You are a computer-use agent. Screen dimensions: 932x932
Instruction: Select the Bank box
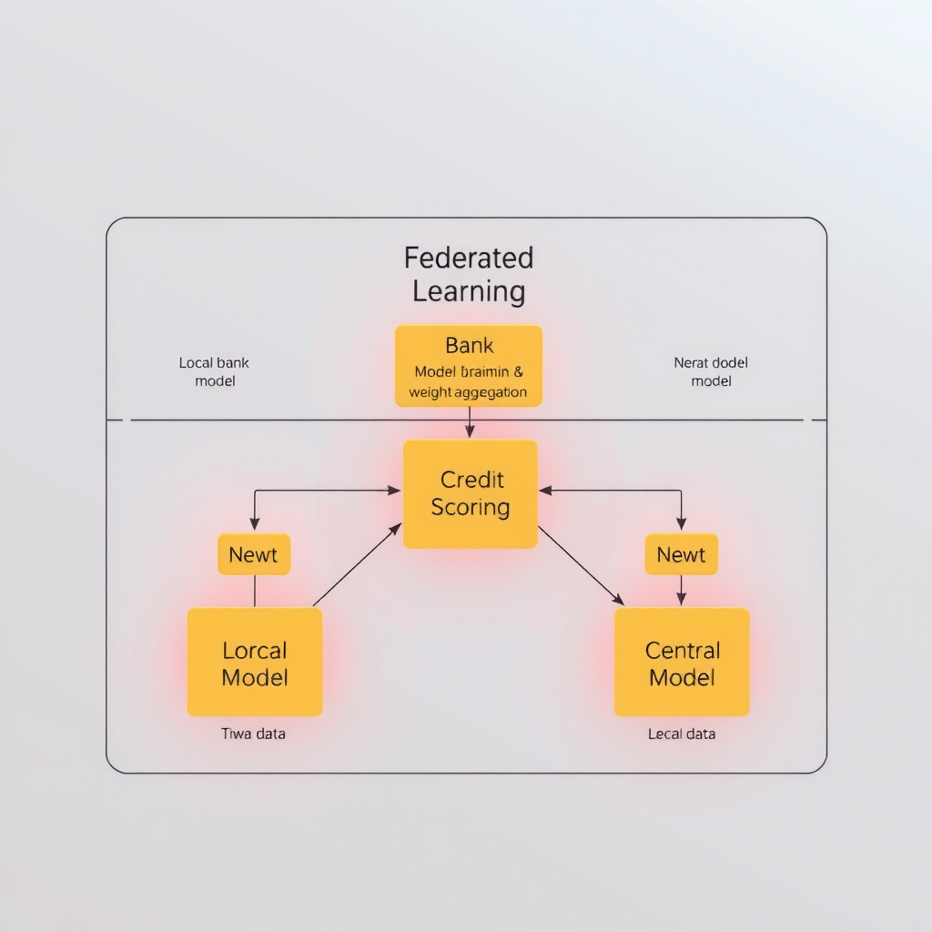pos(469,365)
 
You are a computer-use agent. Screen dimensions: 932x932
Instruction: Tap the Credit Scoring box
pos(470,494)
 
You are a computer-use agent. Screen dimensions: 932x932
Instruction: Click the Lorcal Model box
pos(255,662)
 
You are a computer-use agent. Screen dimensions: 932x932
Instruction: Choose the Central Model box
pos(682,662)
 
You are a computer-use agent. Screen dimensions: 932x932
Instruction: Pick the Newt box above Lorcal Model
pos(254,554)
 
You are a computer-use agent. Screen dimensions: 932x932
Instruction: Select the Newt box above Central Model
pos(681,554)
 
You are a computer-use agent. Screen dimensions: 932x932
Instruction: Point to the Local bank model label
pos(215,371)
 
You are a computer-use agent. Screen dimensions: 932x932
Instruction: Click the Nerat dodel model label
pos(711,371)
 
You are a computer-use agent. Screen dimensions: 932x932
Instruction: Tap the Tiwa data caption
pos(253,734)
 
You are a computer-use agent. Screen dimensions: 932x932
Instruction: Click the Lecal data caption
pos(682,734)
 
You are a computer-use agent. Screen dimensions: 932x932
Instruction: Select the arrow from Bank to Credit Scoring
pos(470,422)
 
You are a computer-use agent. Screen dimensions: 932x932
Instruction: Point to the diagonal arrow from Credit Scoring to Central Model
pos(581,565)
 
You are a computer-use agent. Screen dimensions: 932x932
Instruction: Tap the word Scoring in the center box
pos(471,507)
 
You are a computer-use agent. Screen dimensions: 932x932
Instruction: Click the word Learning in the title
pos(469,292)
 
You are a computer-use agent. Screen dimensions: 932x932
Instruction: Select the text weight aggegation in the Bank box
pos(468,392)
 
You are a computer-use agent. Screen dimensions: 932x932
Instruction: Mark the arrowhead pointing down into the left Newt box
pos(255,523)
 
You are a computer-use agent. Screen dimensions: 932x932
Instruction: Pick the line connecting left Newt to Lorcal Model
pos(255,592)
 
